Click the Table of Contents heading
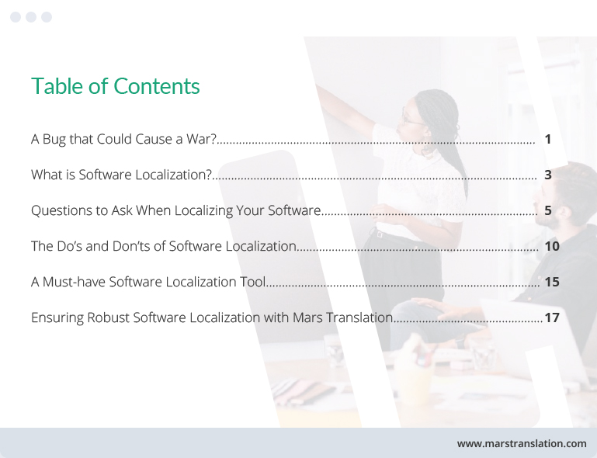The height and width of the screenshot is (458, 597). pos(116,86)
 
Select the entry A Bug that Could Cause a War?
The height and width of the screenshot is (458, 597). pos(123,140)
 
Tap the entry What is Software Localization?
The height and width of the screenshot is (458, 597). pos(121,175)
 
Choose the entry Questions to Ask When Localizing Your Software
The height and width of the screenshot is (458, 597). pos(175,211)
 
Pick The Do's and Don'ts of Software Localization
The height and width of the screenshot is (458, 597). pos(164,247)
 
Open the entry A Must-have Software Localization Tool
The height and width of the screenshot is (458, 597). pos(148,283)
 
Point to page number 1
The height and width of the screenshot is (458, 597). pos(547,140)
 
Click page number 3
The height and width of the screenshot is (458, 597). pos(547,175)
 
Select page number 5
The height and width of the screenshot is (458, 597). pos(547,211)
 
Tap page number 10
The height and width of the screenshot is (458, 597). pos(552,247)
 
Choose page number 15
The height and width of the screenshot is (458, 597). pos(552,283)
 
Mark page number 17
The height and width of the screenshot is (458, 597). pos(552,318)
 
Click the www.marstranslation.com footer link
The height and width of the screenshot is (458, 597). pos(522,444)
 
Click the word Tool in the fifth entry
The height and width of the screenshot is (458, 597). pos(253,283)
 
